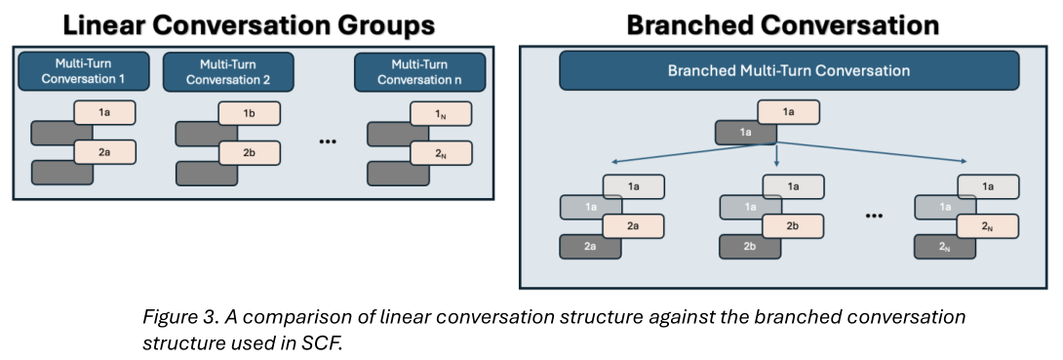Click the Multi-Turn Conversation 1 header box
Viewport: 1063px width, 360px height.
84,72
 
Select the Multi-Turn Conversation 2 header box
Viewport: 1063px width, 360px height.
228,72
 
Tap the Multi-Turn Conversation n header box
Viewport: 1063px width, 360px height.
419,72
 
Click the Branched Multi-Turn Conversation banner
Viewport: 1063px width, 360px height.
788,70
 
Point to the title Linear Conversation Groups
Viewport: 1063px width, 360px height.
250,25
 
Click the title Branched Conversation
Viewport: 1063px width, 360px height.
783,25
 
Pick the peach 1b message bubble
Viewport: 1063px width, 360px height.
249,112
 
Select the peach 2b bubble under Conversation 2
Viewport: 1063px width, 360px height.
249,152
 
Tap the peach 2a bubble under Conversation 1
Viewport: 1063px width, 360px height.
105,152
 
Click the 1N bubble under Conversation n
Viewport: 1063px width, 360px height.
441,112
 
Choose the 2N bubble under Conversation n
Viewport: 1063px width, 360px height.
441,152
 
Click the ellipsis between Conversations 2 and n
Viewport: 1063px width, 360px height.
328,142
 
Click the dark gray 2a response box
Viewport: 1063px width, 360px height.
590,247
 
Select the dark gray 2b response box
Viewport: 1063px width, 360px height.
750,247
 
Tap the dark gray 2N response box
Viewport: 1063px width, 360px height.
944,247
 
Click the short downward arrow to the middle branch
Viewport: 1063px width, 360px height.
777,155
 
